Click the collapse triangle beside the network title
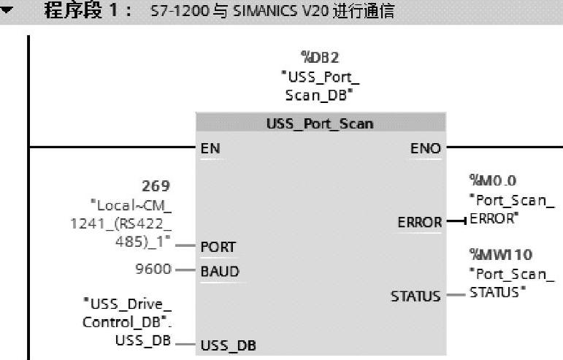coord(8,12)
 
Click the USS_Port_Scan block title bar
coord(320,123)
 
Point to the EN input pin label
coord(210,149)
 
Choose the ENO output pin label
coord(426,149)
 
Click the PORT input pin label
coord(218,247)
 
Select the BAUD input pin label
coord(220,272)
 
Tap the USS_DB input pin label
coord(228,345)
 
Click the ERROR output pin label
coord(419,222)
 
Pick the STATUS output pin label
coord(416,296)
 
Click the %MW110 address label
coord(500,254)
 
